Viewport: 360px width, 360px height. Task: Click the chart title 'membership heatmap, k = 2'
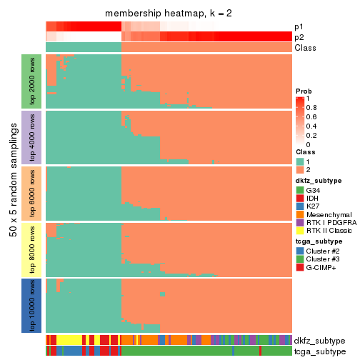pos(168,14)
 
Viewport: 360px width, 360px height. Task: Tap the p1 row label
pos(299,26)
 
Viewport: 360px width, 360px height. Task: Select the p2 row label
pos(299,37)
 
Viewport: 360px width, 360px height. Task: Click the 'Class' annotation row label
pos(305,48)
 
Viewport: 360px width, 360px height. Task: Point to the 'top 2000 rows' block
pos(33,81)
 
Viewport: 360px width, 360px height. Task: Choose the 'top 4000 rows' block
pos(33,137)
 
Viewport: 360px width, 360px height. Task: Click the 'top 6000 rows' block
pos(33,193)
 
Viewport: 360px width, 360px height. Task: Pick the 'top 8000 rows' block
pos(33,249)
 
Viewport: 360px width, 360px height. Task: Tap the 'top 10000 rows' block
pos(33,305)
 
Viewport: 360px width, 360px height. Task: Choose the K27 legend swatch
pos(300,206)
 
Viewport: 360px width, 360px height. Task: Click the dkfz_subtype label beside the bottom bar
pos(319,340)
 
